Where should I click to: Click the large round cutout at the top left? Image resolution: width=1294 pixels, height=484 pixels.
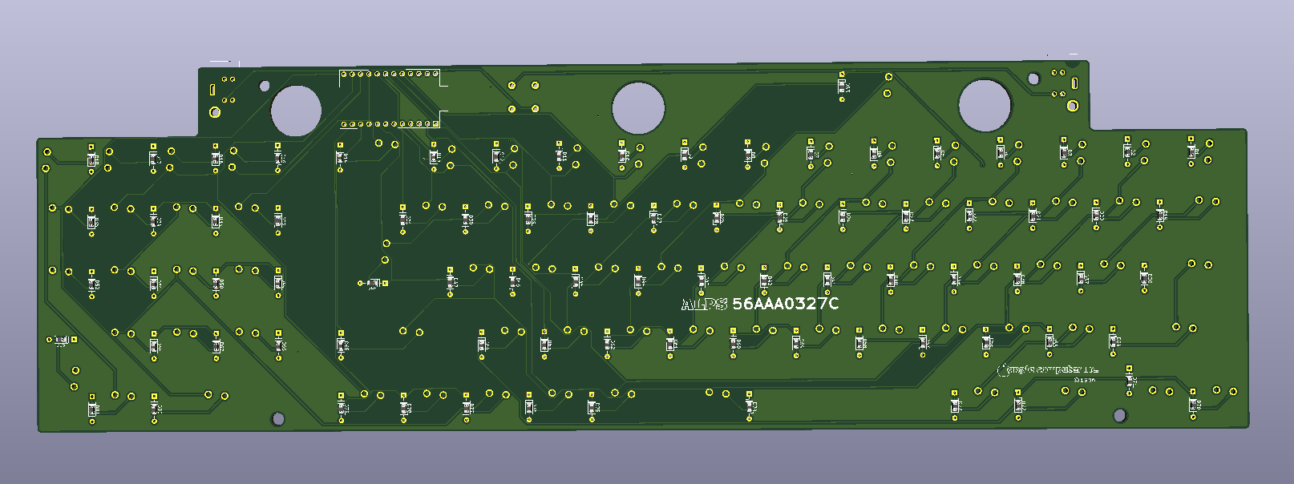coord(296,111)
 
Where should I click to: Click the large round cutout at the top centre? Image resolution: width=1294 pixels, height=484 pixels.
coord(638,108)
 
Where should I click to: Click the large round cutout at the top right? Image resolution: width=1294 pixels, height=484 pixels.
coord(985,105)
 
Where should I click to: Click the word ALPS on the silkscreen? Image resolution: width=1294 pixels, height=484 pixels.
coord(704,304)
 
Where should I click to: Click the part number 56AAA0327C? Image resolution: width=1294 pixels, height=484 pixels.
coord(786,303)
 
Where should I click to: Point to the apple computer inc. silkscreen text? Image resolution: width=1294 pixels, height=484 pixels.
coord(1047,369)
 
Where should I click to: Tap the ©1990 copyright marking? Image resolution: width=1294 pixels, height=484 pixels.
coord(1084,379)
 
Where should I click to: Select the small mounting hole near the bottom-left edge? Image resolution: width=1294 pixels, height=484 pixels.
coord(278,418)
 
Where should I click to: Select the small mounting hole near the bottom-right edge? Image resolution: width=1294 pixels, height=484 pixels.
coord(1120,415)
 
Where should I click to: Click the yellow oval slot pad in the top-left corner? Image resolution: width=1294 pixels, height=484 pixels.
coord(212,90)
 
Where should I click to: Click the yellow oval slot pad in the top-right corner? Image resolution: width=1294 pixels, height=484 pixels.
coord(1074,83)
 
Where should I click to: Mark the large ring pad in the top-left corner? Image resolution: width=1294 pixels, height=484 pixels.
coord(215,112)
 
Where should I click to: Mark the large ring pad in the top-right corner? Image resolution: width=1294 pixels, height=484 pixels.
coord(1072,105)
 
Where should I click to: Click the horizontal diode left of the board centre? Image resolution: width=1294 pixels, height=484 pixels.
coord(373,283)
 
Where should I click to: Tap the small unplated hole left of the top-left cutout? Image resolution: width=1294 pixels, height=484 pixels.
coord(265,86)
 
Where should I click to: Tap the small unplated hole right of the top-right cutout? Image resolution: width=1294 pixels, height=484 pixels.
coord(1033,79)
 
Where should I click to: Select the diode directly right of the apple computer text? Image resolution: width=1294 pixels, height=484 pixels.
coord(1130,380)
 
